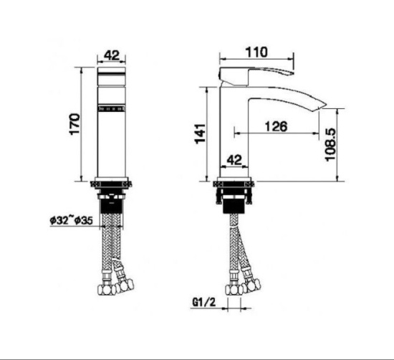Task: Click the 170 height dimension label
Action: coord(75,124)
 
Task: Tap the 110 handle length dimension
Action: coord(256,52)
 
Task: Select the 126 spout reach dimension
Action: coord(276,126)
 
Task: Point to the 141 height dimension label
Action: coord(201,134)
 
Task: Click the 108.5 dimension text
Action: coord(330,144)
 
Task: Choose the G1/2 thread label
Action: coord(203,302)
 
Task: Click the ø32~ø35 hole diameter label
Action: coord(72,220)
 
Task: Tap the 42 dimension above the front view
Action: coord(111,55)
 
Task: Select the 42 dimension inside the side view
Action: coord(234,160)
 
